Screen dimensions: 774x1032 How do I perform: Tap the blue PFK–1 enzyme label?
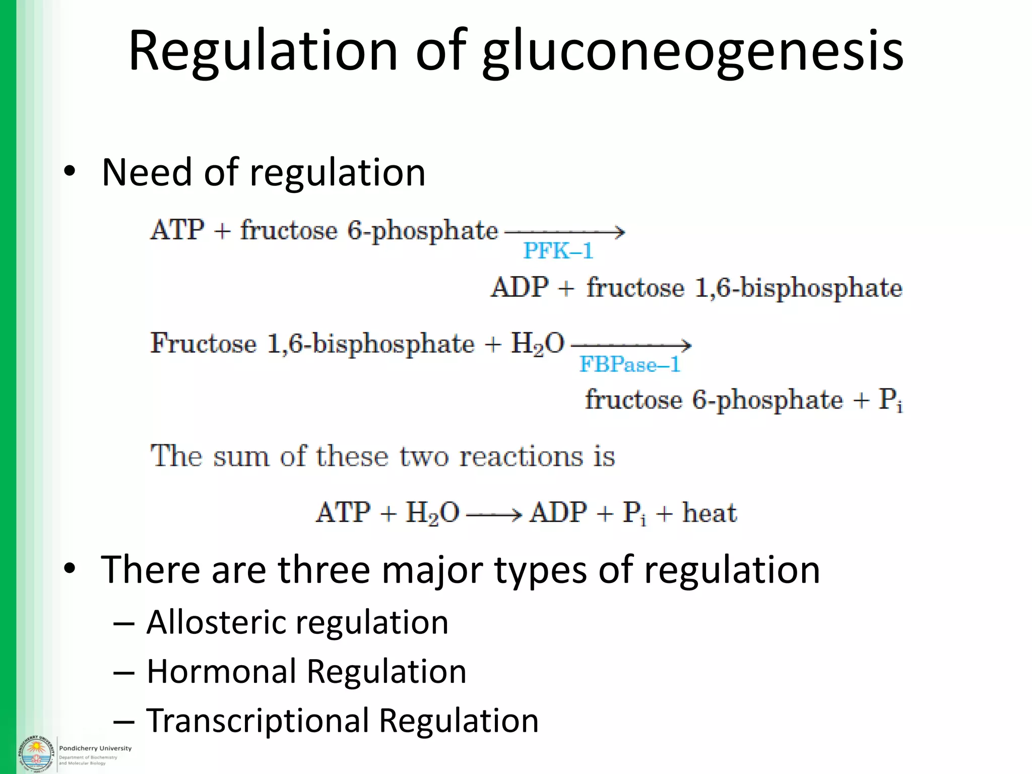point(558,251)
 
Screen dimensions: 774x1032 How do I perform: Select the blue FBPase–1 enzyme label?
point(629,364)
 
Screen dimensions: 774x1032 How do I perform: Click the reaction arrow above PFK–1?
point(564,232)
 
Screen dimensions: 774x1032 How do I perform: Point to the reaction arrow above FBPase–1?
point(630,345)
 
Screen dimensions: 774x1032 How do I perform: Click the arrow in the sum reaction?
point(494,514)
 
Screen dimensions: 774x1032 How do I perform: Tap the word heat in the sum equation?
point(709,513)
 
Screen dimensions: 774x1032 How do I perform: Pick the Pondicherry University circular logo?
point(35,753)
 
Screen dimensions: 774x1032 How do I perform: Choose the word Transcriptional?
point(257,720)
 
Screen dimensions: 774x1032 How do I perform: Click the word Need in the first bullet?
point(147,173)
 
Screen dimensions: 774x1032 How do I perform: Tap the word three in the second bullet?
point(324,570)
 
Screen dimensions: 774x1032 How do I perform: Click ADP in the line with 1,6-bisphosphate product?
point(520,288)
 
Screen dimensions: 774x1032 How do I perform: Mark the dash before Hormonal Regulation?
point(124,672)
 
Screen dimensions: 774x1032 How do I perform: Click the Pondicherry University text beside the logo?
point(95,748)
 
